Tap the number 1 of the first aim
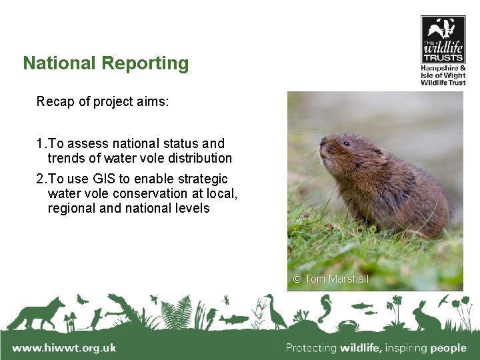coord(40,143)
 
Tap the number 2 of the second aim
coord(40,179)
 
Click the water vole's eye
coord(346,143)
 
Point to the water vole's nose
coord(322,142)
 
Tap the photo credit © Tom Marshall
coord(331,279)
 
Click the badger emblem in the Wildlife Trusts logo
coord(443,29)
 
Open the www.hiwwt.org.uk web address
coord(64,347)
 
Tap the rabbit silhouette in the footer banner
coord(425,315)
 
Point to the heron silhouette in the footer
coord(273,311)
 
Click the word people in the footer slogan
coord(448,347)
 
